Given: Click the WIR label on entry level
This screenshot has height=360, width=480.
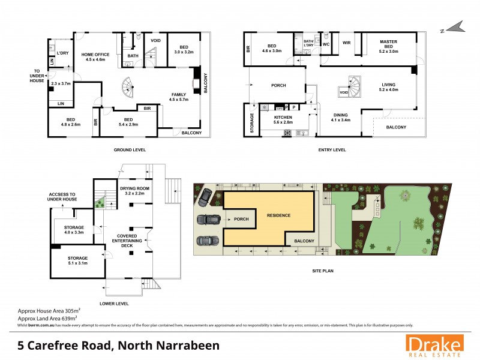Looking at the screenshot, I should tap(346, 43).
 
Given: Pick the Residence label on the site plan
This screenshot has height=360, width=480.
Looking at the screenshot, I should tap(274, 215).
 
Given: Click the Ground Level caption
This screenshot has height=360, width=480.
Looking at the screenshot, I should tap(130, 149).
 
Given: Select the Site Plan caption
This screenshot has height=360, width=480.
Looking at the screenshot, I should tap(321, 271).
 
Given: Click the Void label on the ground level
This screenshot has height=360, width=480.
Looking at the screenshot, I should tap(155, 41).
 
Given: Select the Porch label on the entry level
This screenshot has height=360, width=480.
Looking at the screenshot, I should tap(278, 85).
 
